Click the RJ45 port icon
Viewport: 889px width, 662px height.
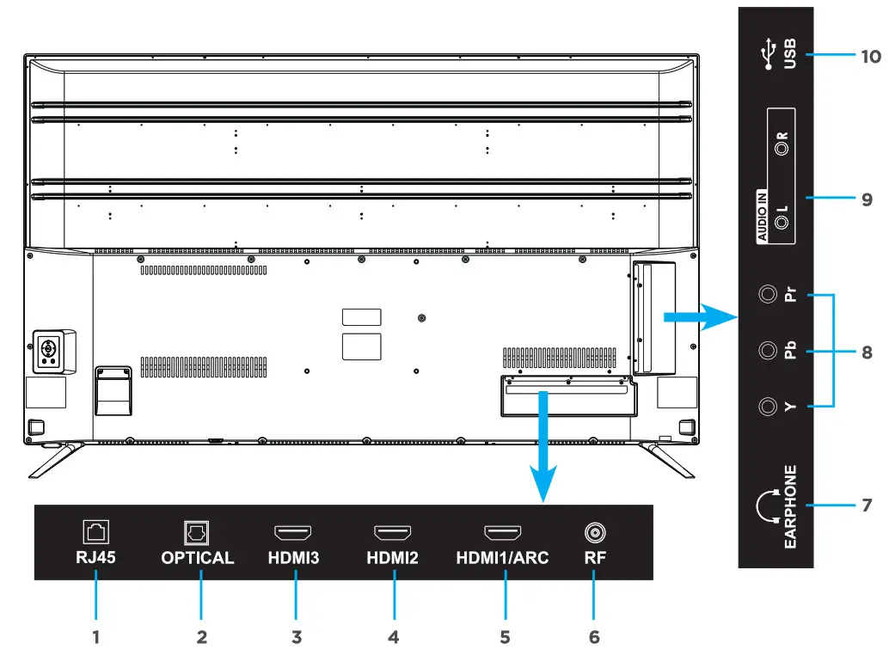95,532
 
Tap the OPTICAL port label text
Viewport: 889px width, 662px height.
197,558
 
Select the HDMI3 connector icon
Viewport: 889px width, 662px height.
292,533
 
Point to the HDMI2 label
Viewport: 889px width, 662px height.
392,558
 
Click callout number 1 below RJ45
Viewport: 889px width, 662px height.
96,637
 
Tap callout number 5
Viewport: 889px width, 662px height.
505,637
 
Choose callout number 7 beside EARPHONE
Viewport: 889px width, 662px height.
867,505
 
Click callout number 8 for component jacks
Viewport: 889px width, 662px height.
867,352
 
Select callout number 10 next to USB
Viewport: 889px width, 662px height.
870,57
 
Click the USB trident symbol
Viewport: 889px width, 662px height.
767,55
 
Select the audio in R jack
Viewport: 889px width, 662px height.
782,148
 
